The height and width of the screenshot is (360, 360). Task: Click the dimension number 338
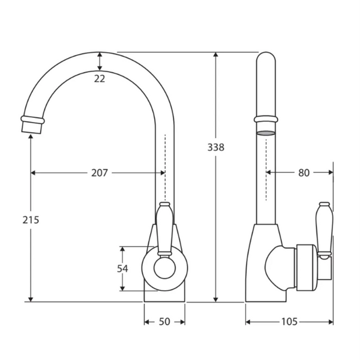[x=215, y=147]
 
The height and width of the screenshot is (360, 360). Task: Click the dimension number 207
[x=99, y=172]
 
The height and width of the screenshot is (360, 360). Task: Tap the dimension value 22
[x=99, y=79]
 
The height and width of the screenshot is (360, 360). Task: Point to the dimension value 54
[x=123, y=268]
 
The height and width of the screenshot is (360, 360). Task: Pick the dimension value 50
[x=165, y=321]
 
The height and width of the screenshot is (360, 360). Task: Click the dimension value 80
[x=303, y=172]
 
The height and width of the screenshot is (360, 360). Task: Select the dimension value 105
[x=289, y=321]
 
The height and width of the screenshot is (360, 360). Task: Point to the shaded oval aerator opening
[x=266, y=133]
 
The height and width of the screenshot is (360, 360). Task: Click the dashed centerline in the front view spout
[x=165, y=162]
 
